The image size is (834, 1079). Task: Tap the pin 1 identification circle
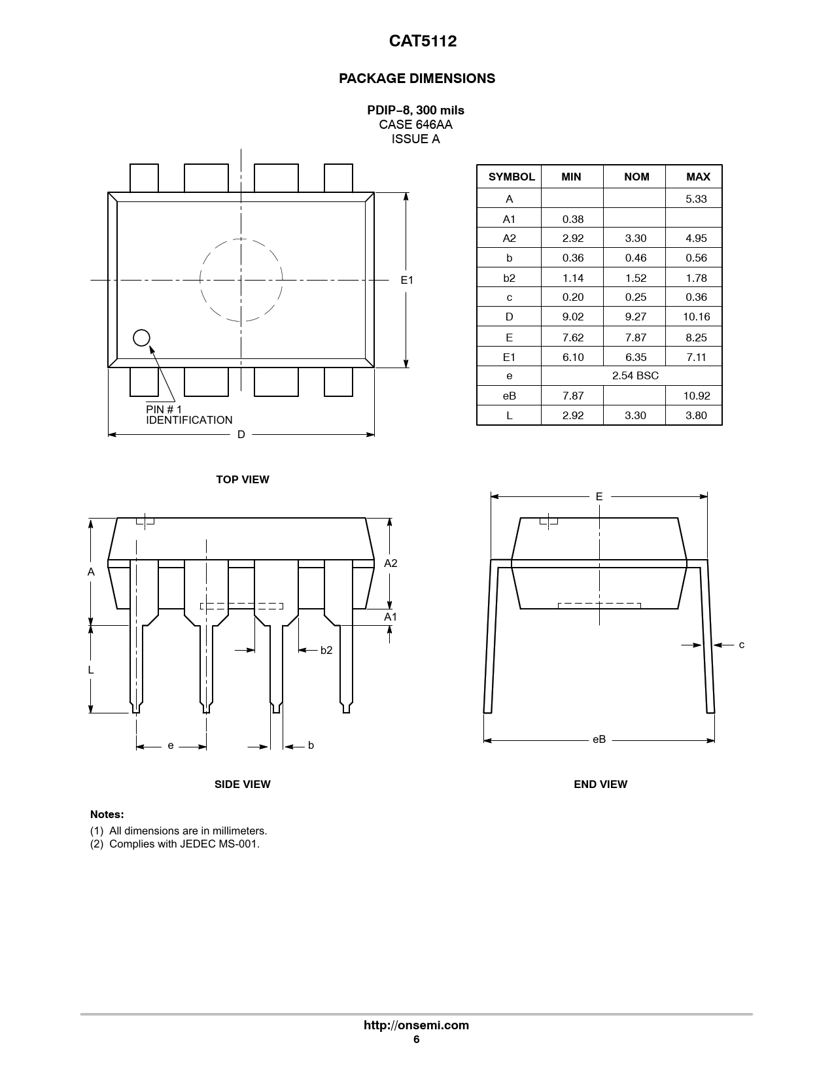(x=141, y=337)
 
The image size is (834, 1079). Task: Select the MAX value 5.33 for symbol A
(x=696, y=199)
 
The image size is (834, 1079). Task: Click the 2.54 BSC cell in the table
(x=635, y=375)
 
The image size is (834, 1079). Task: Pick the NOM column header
(x=636, y=177)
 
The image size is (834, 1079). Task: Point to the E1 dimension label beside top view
(x=407, y=280)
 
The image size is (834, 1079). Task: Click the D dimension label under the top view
(x=241, y=434)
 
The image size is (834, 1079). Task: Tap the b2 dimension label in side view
(x=326, y=650)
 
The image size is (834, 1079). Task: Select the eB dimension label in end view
(x=599, y=739)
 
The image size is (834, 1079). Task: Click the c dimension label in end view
(x=741, y=645)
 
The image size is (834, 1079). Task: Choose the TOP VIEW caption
(x=243, y=479)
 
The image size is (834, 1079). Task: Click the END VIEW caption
(x=600, y=784)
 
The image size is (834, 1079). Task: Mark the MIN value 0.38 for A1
(x=573, y=219)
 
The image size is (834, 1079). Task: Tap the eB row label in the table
(x=509, y=396)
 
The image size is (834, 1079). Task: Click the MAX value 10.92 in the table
(x=696, y=396)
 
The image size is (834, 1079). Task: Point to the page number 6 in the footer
(x=416, y=1040)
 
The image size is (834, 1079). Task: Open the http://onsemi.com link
(x=416, y=1025)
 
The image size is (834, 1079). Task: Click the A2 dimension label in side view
(x=391, y=563)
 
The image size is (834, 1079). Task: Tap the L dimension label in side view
(x=91, y=670)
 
